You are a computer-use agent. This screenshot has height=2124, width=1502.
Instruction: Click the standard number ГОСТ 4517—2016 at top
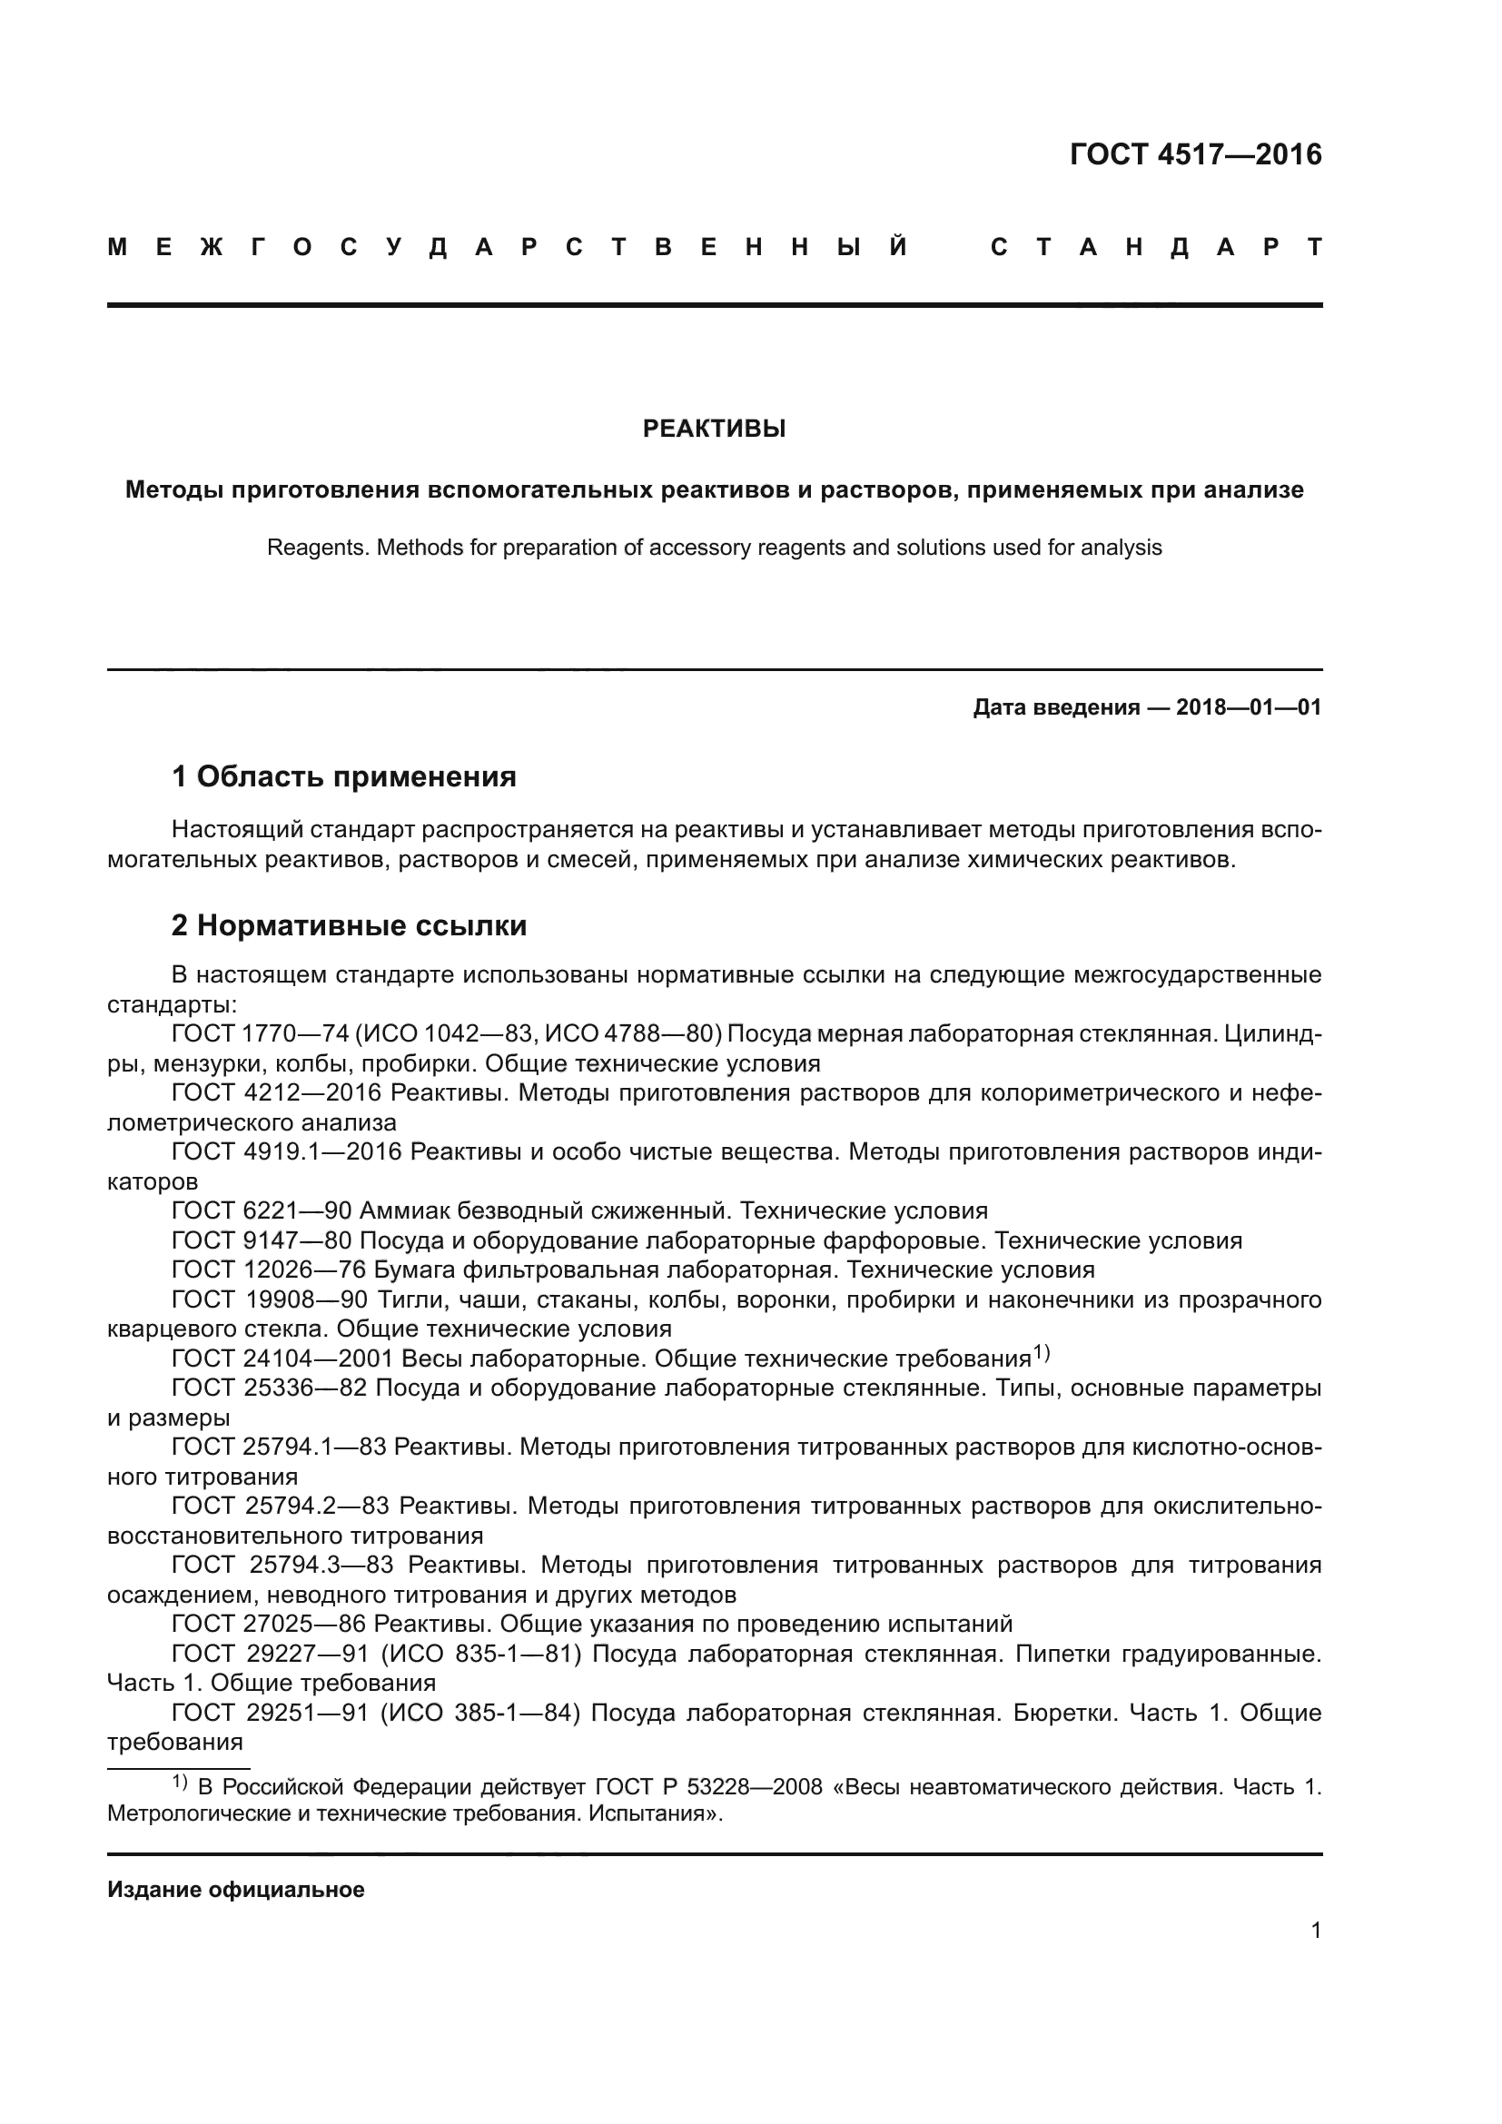pos(1195,154)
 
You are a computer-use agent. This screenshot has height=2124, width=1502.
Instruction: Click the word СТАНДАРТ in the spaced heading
pos(1156,247)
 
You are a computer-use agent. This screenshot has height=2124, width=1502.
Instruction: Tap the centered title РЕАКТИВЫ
pos(714,429)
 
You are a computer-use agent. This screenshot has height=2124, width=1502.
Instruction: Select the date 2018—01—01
pos(1248,707)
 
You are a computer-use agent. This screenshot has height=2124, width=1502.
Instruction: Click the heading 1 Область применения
pos(343,776)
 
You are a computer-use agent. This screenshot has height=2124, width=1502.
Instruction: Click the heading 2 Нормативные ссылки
pos(349,925)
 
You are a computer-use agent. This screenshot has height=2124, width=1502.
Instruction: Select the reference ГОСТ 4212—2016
pos(277,1092)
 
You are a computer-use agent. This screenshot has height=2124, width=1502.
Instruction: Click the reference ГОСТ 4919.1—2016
pos(287,1151)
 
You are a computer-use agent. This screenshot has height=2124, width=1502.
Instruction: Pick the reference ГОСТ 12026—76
pos(269,1270)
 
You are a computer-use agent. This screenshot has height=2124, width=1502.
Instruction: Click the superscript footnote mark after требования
pos(1042,1353)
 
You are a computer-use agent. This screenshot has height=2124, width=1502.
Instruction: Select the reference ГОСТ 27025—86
pos(269,1624)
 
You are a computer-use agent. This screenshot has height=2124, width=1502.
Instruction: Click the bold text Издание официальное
pos(236,1889)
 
